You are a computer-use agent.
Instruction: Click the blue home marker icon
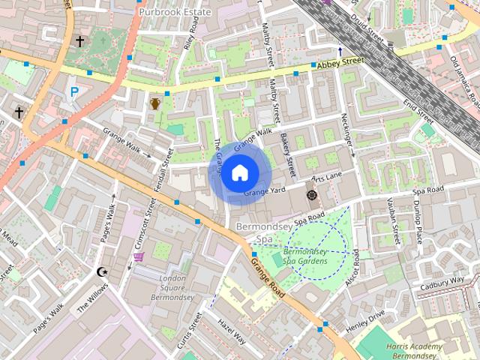238,173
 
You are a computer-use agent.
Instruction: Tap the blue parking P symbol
73,91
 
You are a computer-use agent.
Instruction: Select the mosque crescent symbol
103,271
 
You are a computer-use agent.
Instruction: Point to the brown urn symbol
154,103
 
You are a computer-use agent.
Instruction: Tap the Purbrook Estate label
175,12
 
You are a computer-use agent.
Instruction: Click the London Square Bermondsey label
173,289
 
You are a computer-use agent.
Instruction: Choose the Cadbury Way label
442,283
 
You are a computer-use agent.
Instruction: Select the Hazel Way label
231,331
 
